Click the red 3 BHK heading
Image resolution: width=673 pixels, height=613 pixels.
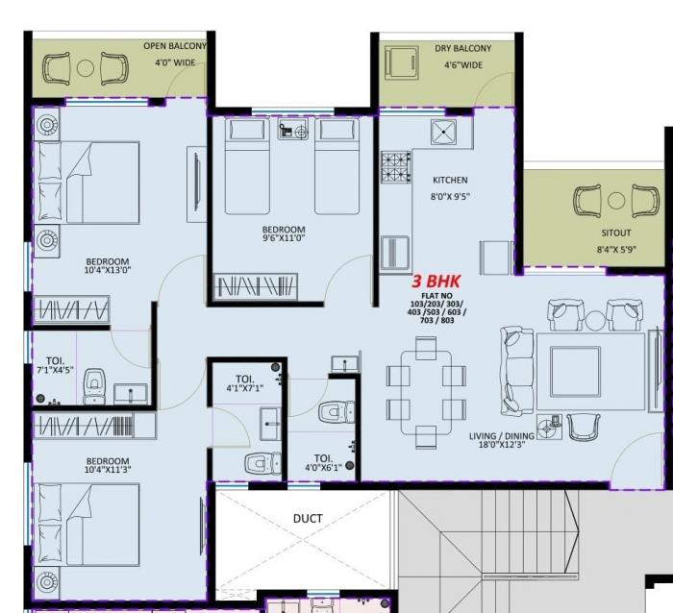pos(437,282)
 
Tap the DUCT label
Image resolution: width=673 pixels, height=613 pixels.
pos(308,519)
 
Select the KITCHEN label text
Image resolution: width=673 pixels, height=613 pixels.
pos(450,180)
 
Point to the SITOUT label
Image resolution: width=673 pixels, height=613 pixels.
pos(616,233)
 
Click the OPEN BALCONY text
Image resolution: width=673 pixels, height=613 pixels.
pos(174,46)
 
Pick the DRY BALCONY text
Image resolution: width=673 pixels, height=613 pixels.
pos(462,48)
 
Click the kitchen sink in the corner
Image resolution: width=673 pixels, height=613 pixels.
pos(445,132)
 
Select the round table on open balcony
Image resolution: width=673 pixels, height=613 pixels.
pos(86,68)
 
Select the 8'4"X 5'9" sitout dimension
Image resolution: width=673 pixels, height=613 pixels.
pos(616,250)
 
